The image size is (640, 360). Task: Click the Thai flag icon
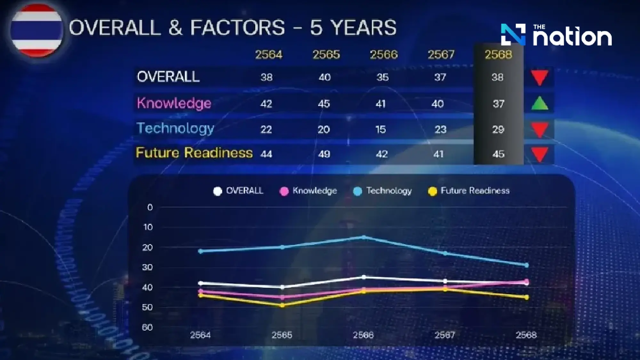pos(36,30)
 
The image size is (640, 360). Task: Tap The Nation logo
pos(556,35)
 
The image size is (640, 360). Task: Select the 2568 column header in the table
pos(498,55)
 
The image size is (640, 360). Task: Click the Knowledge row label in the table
pos(174,103)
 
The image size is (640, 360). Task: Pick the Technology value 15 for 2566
pos(380,129)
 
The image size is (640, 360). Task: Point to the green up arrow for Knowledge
pos(540,103)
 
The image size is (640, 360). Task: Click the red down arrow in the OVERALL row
pos(540,78)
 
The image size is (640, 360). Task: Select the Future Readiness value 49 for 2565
pos(324,154)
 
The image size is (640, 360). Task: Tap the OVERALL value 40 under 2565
pos(324,77)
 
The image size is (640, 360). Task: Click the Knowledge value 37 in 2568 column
pos(498,104)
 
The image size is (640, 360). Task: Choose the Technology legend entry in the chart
pos(383,191)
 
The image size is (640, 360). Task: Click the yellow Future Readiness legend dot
pos(432,191)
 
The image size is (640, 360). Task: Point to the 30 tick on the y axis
pos(147,267)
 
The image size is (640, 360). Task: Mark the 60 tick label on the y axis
pos(147,327)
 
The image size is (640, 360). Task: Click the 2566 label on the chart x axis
pos(363,335)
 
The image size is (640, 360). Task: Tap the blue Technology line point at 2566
pos(364,237)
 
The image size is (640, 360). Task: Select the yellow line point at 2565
pos(282,306)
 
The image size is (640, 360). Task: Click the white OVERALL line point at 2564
pos(201,283)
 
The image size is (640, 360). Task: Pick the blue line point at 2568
pos(527,265)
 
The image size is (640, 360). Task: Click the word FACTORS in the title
pos(237,28)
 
